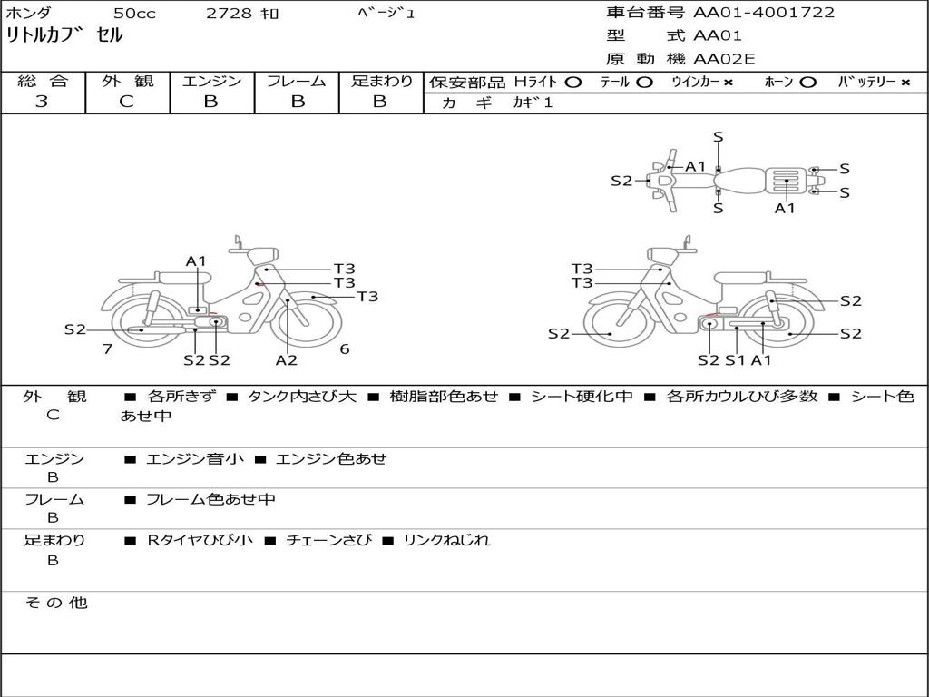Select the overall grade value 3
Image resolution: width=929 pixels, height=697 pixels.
pos(42,102)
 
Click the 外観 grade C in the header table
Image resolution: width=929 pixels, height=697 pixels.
pos(126,102)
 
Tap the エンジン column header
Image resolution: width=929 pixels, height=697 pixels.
pos(211,81)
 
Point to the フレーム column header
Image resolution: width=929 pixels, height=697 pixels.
pos(296,81)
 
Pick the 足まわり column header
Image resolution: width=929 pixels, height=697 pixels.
pos(381,81)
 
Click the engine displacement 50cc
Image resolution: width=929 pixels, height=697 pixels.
pos(134,14)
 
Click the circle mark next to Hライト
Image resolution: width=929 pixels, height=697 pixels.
pos(572,82)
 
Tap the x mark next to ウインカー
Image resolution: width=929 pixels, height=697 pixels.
pos(728,82)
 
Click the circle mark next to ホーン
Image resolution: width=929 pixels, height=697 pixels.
pos(807,82)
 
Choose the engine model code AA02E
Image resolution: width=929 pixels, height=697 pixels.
pos(724,60)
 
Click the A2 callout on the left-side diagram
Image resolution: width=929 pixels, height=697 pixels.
pos(287,359)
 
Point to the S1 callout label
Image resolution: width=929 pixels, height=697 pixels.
pos(735,359)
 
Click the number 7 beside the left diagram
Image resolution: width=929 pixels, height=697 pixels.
pos(107,348)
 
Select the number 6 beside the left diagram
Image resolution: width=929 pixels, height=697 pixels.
pos(345,348)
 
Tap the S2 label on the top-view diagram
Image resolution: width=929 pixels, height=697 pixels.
pos(621,181)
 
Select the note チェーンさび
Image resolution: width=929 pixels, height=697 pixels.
pos(328,540)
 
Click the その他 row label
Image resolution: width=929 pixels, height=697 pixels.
pos(55,603)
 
